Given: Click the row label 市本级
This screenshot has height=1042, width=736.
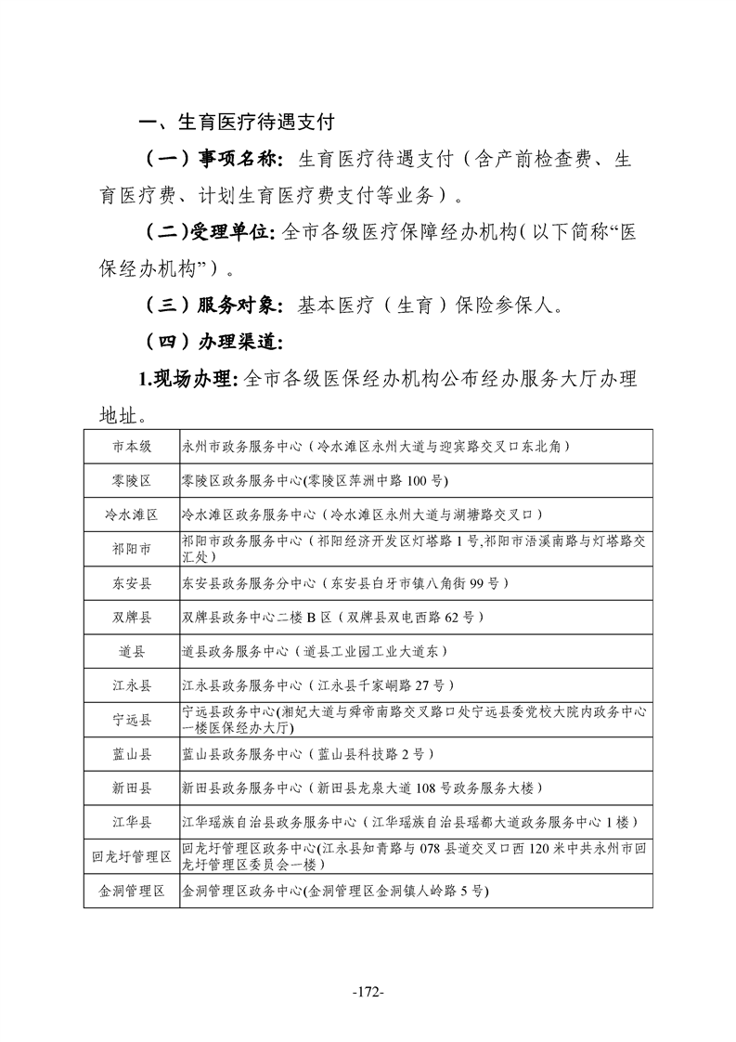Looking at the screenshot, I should point(131,446).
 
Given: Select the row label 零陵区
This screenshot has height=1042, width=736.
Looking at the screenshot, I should point(131,480).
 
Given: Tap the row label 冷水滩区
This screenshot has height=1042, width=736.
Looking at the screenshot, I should point(131,514).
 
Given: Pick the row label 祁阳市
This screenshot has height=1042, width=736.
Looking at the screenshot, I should point(131,548).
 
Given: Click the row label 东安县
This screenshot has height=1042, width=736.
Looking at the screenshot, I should point(131,583).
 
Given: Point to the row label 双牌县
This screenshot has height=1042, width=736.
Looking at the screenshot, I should point(131,617).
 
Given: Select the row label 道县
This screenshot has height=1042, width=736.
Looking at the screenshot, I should point(131,651).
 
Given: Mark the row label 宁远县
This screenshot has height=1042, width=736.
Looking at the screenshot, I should point(131,720).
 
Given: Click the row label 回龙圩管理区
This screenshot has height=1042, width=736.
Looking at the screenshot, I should point(131,856).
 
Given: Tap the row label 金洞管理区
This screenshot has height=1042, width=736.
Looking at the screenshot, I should point(131,891).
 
